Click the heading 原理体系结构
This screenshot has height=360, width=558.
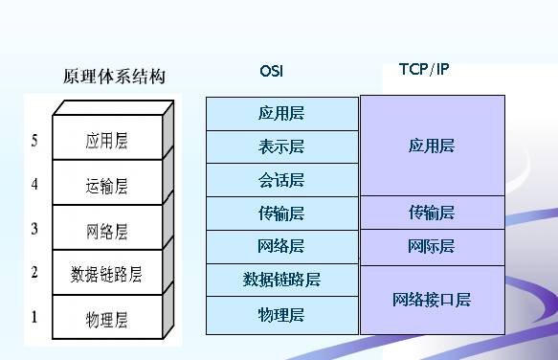tap(114, 77)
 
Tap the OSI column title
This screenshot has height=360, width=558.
tap(271, 71)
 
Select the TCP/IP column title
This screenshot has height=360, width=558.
tap(423, 70)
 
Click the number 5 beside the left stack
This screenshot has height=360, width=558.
tap(34, 141)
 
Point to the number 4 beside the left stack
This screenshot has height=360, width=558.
tap(34, 184)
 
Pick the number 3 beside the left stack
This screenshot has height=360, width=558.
tap(34, 228)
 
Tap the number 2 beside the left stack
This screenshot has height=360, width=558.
tap(34, 273)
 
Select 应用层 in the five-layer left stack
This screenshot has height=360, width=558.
tap(106, 142)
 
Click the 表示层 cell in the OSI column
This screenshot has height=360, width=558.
tap(281, 146)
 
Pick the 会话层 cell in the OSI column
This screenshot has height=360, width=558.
tap(281, 180)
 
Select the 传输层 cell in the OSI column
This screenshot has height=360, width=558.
tap(281, 214)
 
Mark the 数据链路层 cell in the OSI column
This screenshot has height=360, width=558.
tap(281, 280)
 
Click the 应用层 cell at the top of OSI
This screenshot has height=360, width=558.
tap(281, 113)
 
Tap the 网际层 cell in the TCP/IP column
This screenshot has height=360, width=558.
tap(432, 247)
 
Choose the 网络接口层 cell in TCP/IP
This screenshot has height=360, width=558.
tap(432, 300)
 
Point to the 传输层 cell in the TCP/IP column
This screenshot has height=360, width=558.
tap(432, 213)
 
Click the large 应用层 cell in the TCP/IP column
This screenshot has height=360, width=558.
tap(432, 146)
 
